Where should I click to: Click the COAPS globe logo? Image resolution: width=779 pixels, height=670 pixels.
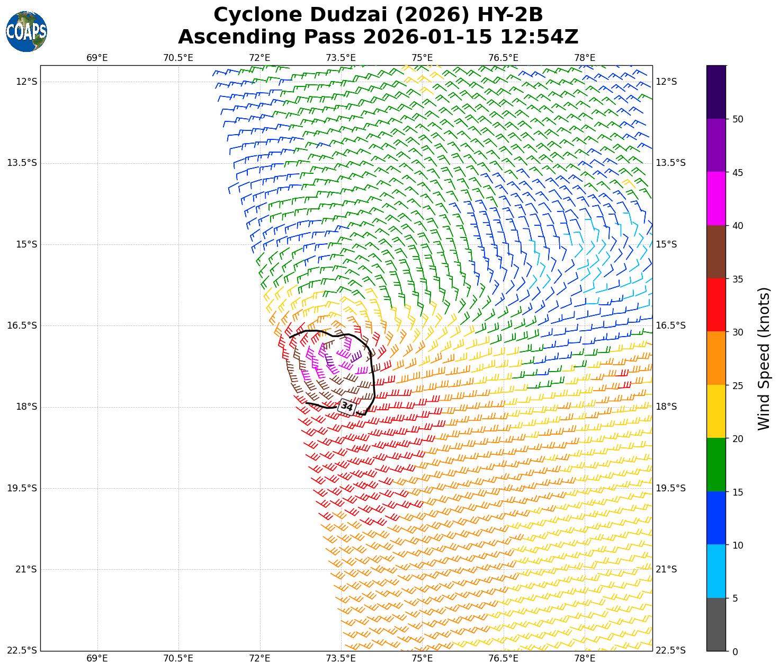[x=26, y=31]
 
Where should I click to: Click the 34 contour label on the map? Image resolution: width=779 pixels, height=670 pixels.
[x=347, y=407]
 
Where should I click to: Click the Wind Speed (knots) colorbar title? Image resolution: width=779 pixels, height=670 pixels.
[x=763, y=358]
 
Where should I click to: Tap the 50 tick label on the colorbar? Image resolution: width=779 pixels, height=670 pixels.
[x=738, y=119]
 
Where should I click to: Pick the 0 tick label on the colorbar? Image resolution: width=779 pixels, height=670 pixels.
[x=735, y=651]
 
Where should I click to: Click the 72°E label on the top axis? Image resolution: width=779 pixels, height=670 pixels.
[x=259, y=58]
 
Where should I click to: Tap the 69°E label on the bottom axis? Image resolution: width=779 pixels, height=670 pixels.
[x=97, y=658]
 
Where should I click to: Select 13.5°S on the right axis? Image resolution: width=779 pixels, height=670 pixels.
[x=670, y=163]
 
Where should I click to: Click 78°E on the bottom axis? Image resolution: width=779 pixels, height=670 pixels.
[x=585, y=658]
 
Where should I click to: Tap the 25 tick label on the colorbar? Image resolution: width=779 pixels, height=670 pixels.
[x=738, y=385]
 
